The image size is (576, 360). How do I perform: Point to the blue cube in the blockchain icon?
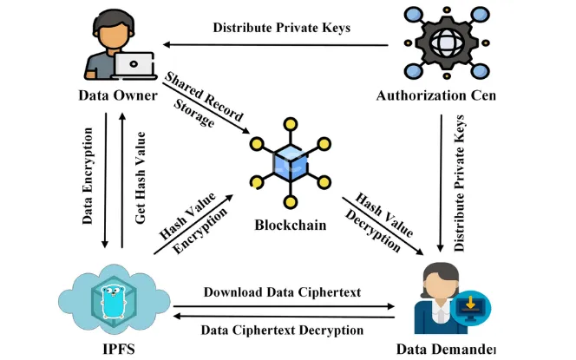tap(287, 162)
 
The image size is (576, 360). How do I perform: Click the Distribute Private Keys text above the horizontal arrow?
tap(281, 27)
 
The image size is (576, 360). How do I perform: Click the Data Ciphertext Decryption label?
tap(282, 331)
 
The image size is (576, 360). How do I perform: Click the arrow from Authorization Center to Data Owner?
tap(278, 43)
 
